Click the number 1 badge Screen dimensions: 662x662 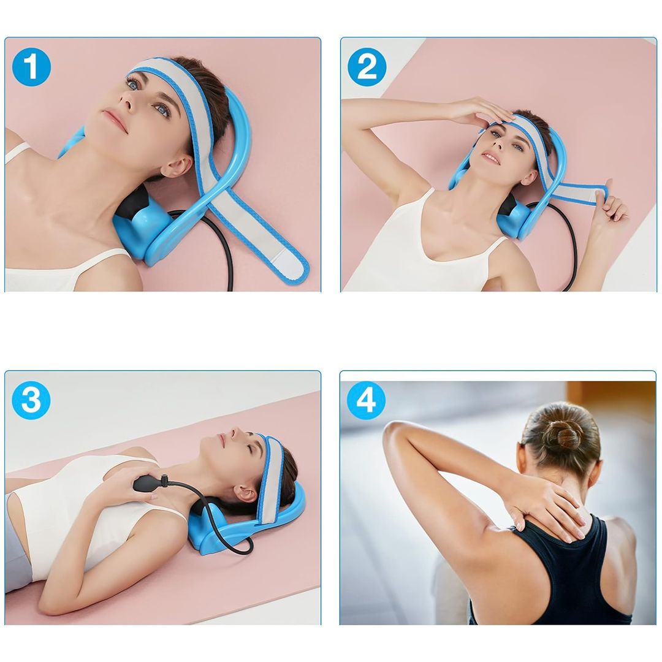31,67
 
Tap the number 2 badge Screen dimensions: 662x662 367,67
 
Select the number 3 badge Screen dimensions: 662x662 31,400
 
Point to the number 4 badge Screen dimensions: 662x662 366,400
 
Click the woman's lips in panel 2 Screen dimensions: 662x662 492,159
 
